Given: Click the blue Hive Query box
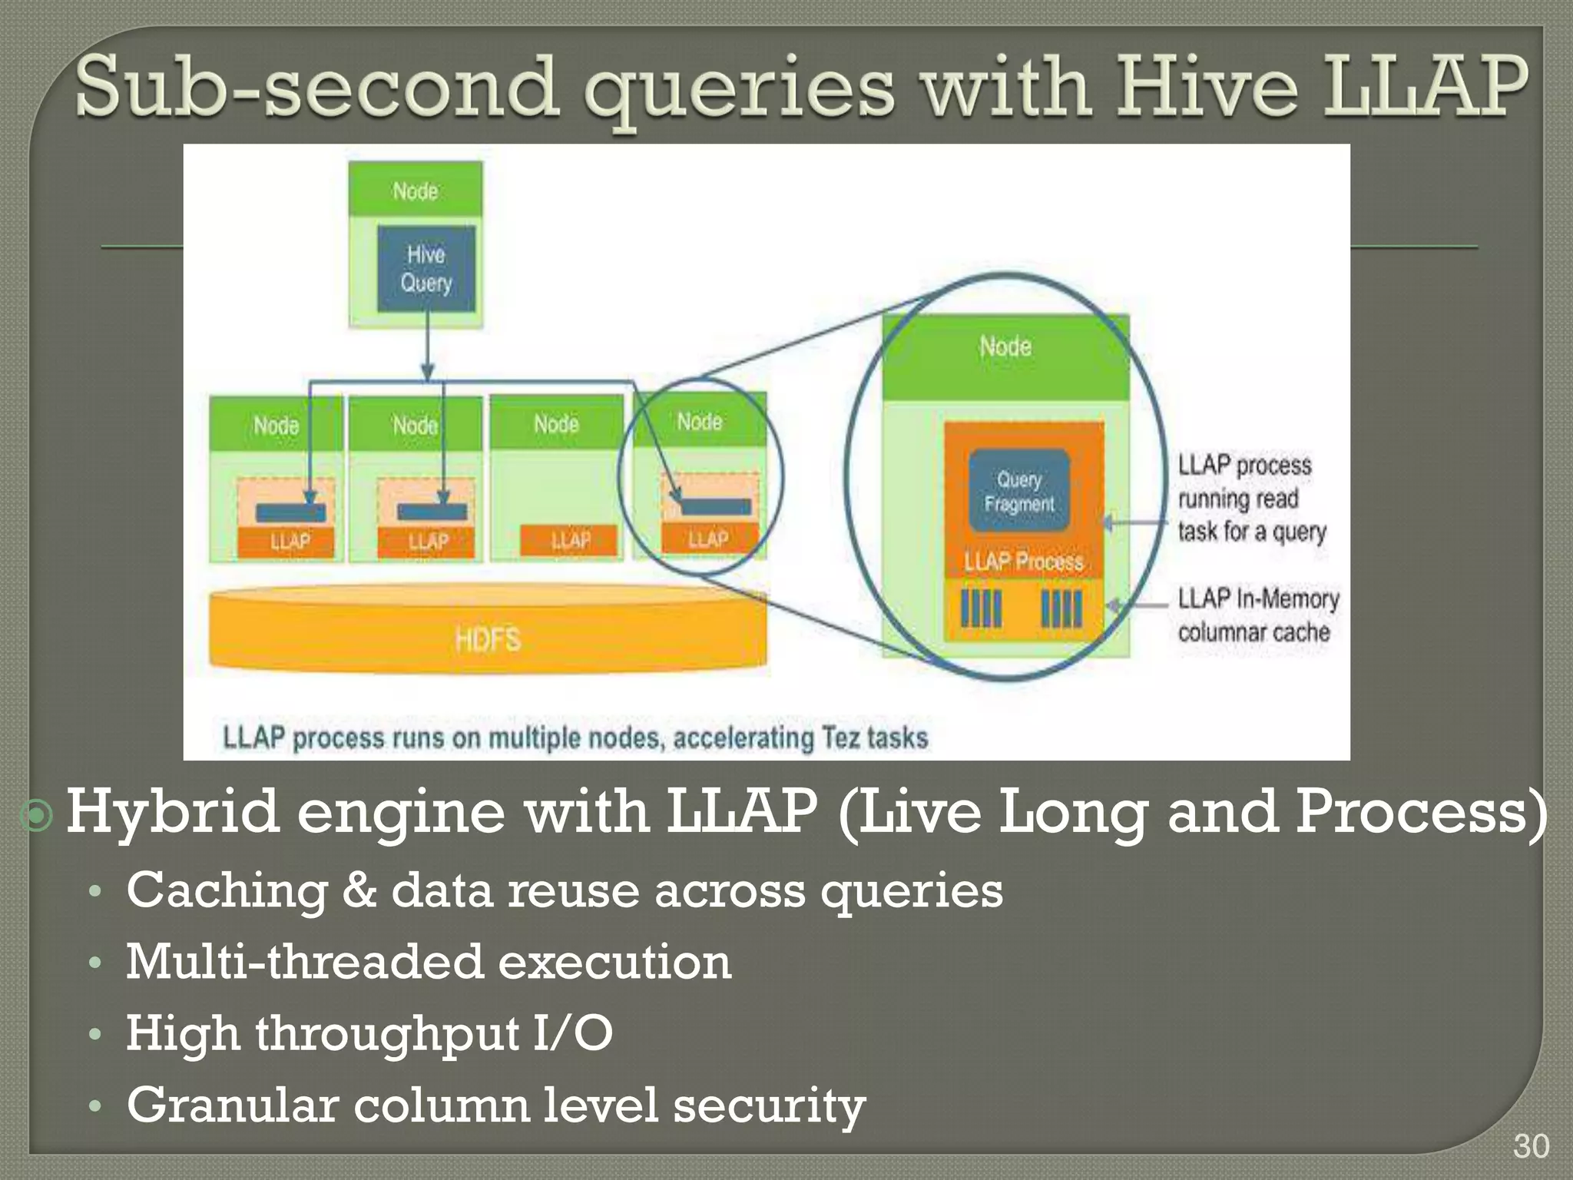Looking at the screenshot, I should (426, 268).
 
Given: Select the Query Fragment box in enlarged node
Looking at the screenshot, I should (1019, 492).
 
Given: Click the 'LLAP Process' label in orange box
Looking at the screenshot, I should (1024, 561).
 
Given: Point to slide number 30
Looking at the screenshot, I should (1530, 1146).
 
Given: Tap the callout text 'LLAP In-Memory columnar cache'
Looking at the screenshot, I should (1257, 615).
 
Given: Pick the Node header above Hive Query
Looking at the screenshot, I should (416, 190).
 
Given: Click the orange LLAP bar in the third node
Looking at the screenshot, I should (568, 540).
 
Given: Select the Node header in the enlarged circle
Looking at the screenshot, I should (1005, 347).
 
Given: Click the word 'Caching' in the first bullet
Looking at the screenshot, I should (227, 891).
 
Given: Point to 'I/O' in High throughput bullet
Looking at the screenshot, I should (572, 1033).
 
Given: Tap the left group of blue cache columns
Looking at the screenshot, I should (981, 609).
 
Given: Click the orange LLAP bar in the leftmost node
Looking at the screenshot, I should (286, 542).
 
